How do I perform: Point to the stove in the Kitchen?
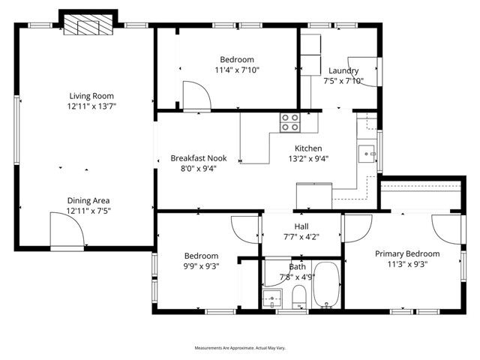[290, 121]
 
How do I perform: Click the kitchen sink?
[367, 153]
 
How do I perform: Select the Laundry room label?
[343, 70]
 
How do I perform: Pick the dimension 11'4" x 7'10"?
[237, 70]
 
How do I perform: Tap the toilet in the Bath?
[298, 295]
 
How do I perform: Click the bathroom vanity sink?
[272, 299]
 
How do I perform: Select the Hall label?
[301, 226]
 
